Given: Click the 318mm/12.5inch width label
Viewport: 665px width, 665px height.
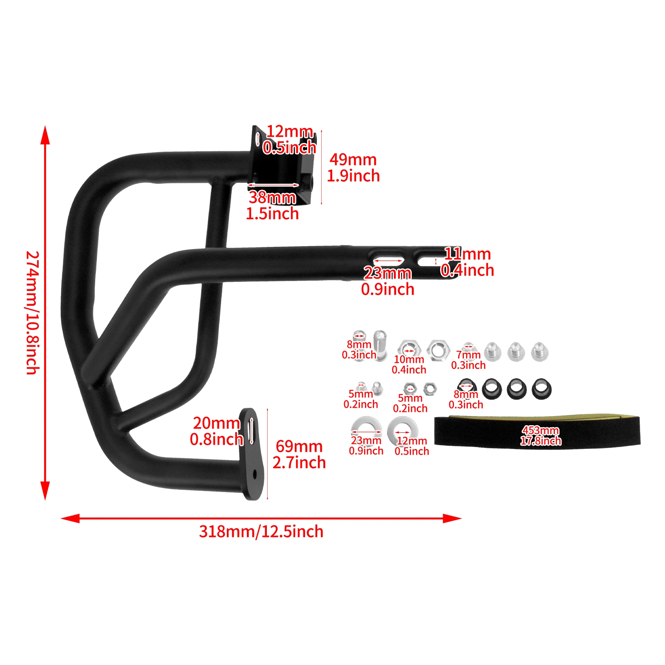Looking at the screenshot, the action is click(261, 532).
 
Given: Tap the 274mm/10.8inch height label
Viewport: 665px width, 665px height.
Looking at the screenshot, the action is click(33, 313).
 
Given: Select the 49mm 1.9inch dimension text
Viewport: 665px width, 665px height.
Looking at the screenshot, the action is click(353, 167).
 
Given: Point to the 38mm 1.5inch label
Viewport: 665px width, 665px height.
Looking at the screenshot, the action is click(272, 205).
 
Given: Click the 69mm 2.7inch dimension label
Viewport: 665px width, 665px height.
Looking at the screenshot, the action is click(299, 454).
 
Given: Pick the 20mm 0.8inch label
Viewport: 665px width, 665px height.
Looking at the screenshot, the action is click(216, 431).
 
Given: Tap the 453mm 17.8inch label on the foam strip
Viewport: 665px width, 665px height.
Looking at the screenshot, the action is click(540, 436).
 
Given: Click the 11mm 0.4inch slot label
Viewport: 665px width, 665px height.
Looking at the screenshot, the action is click(468, 262).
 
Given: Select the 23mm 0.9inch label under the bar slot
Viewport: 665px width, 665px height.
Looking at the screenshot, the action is click(387, 281).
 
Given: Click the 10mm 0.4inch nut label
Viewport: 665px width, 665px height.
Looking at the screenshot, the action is click(409, 365).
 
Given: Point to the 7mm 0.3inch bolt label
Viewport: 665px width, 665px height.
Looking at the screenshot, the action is click(468, 360).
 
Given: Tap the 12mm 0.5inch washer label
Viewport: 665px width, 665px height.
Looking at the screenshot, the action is click(411, 446).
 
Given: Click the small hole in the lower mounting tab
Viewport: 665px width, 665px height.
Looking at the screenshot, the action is click(255, 474).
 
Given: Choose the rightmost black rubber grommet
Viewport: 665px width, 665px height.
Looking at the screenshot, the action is click(541, 389).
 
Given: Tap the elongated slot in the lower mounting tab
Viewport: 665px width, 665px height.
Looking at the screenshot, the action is click(251, 430).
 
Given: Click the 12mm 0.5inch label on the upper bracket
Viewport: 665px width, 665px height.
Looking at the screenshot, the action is click(289, 139).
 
